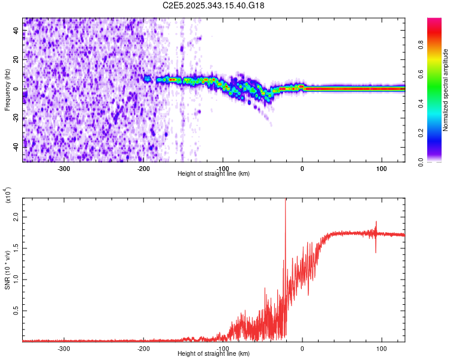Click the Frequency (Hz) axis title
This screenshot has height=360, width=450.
click(7, 89)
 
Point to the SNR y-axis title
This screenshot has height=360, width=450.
click(7, 269)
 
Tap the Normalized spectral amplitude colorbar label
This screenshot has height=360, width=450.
click(446, 90)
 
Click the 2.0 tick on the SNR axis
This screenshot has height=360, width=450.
click(16, 216)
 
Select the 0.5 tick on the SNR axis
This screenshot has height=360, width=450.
click(16, 310)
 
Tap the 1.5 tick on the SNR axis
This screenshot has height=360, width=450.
click(16, 247)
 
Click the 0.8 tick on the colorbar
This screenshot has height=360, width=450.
click(421, 45)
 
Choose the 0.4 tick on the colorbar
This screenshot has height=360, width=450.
click(421, 103)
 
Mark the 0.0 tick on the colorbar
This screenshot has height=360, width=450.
click(421, 161)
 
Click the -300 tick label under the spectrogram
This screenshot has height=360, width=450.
click(64, 169)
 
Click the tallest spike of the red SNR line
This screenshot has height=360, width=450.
click(286, 202)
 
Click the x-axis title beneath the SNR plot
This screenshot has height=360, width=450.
click(214, 354)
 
